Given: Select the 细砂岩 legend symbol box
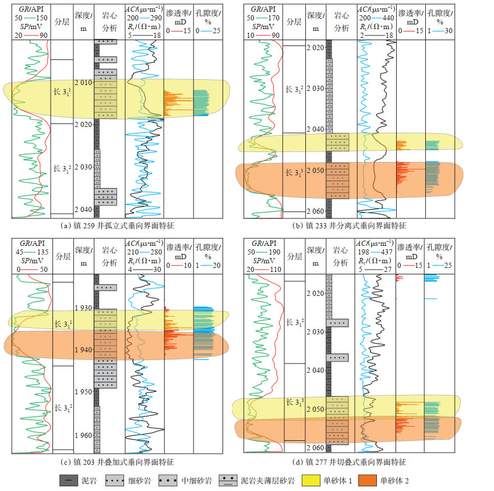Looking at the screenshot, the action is click(118, 481).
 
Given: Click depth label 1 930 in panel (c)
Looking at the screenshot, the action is click(83, 308).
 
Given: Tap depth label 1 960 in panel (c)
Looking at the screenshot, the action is click(83, 435).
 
